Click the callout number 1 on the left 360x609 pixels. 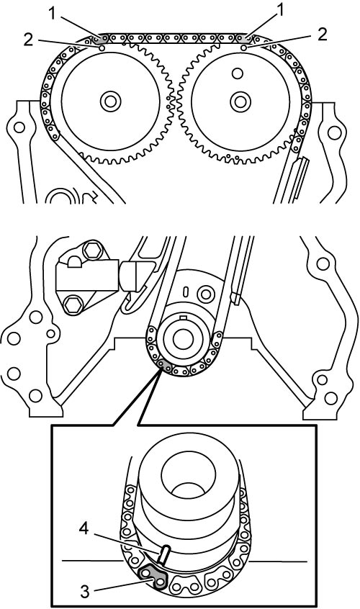point(53,14)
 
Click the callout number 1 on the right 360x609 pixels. point(279,12)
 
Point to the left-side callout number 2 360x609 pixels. point(28,39)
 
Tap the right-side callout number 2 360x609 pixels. point(322,35)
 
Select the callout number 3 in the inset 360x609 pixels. point(85,592)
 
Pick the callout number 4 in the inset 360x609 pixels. point(84,528)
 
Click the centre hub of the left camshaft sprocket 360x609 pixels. point(110,101)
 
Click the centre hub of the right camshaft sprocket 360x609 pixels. point(240,101)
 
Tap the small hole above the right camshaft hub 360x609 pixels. point(237,73)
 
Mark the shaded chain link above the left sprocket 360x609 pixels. point(102,39)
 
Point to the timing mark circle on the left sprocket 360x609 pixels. point(102,48)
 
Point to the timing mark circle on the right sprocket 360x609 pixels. point(243,48)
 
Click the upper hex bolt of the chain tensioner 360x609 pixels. point(93,251)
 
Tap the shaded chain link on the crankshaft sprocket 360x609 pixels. point(166,365)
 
